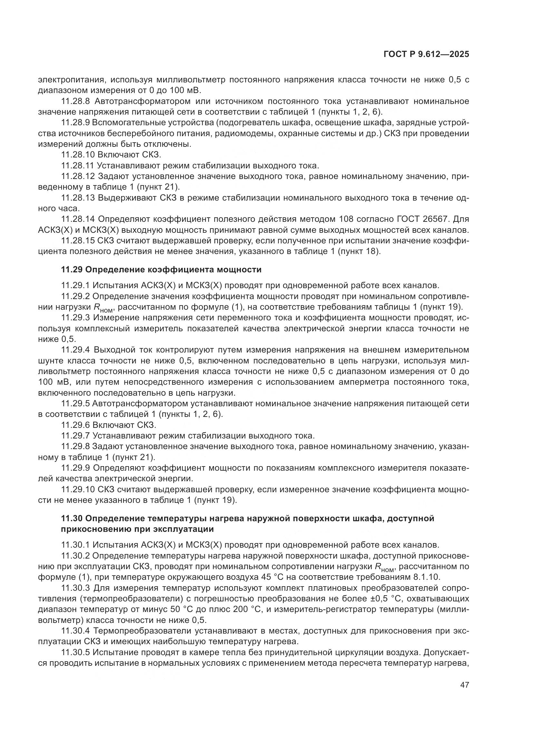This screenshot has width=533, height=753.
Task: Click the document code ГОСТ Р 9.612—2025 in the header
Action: [426, 54]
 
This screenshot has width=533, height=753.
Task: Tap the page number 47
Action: [464, 685]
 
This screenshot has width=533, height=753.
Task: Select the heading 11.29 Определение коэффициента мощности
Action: [161, 269]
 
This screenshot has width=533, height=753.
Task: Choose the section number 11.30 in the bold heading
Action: [72, 518]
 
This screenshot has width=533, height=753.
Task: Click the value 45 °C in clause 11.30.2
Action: [260, 577]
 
